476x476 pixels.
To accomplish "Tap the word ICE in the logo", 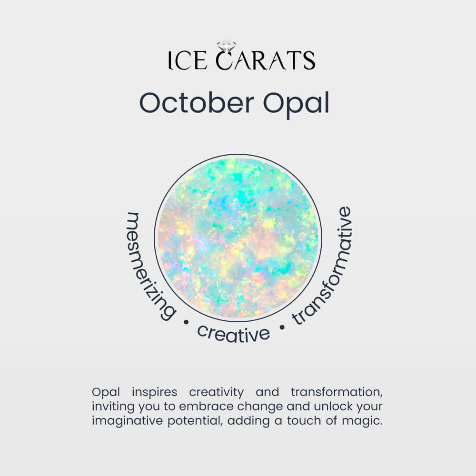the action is pos(188,60).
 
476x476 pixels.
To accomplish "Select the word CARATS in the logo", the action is pos(266,59).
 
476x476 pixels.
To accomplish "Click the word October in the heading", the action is pos(197,103).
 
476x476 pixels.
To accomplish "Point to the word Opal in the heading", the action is pos(296,105).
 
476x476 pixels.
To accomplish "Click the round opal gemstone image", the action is pos(238,238).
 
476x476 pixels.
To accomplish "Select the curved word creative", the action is pos(233,334).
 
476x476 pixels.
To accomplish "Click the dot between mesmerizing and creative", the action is pos(186,322).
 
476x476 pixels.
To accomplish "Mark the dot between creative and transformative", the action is pos(282,327).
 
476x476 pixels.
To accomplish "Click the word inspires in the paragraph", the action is pos(155,392).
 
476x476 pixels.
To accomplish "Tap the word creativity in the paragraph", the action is pos(216,392).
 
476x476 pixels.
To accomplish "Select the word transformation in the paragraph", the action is pos(337,392).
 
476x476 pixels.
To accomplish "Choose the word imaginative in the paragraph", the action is pos(128,421).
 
